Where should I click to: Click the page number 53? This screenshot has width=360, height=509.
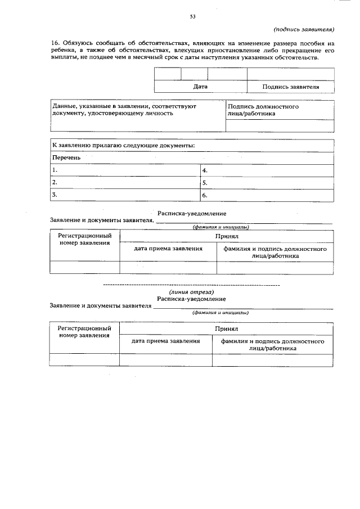click(x=192, y=17)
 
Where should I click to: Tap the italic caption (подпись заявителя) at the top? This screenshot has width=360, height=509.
click(x=304, y=29)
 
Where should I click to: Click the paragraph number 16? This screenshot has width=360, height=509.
click(x=55, y=43)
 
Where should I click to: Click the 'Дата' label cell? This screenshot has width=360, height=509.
click(x=200, y=87)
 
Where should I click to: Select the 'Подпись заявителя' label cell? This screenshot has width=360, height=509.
click(x=291, y=87)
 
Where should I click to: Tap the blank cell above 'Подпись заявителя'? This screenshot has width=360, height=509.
click(x=291, y=74)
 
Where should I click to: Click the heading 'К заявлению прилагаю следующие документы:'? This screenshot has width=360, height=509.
click(x=124, y=146)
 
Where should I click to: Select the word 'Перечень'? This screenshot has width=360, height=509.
click(x=66, y=157)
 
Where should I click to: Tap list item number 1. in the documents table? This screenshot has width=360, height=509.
click(x=55, y=170)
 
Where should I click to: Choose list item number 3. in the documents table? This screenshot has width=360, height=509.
click(x=55, y=195)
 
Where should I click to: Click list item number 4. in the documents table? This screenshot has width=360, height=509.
click(x=205, y=170)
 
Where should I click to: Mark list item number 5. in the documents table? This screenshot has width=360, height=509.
click(x=205, y=183)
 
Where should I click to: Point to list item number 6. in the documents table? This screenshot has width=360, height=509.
click(x=205, y=195)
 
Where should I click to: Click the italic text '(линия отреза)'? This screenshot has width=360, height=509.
click(x=192, y=292)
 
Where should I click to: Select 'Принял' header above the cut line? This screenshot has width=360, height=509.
click(x=227, y=237)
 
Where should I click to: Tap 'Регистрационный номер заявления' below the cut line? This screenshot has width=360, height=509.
click(x=84, y=331)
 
